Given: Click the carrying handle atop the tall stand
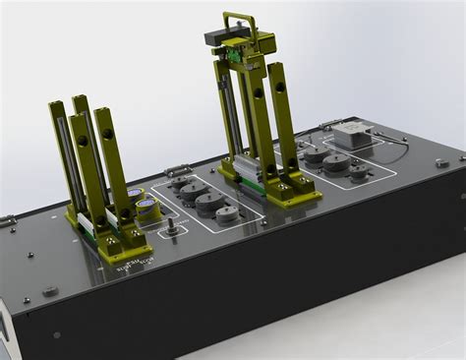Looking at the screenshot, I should tap(240, 19).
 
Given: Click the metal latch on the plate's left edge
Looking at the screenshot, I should tap(8, 222).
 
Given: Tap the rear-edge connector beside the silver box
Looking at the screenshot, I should tap(324, 127).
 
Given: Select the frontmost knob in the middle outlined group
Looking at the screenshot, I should tap(225, 212).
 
